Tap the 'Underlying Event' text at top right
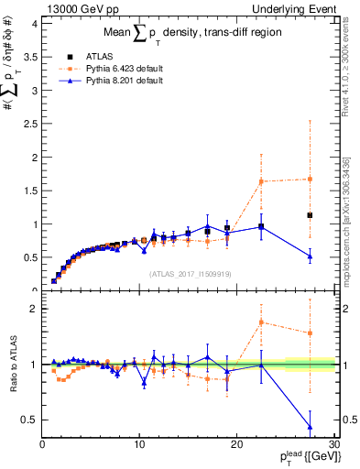click(x=300, y=8)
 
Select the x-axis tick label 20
click(x=236, y=446)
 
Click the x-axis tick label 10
click(x=139, y=446)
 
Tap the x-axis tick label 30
click(x=333, y=446)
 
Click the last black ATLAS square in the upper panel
click(x=310, y=215)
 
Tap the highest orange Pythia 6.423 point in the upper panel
click(x=310, y=179)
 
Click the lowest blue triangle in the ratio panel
click(x=310, y=427)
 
